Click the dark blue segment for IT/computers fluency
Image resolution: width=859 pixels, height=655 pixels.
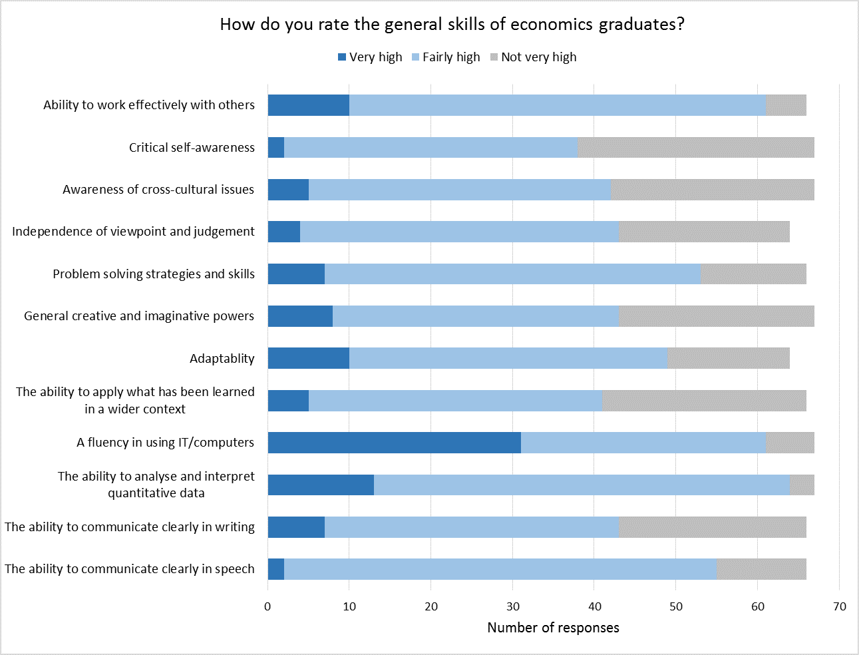(394, 443)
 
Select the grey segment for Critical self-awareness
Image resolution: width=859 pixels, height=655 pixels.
(695, 148)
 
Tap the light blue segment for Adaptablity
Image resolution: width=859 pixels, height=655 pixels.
(508, 358)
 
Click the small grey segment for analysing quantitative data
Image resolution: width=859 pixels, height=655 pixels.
(802, 485)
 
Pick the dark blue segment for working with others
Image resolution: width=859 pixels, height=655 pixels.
(308, 105)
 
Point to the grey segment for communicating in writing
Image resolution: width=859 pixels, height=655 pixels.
(712, 527)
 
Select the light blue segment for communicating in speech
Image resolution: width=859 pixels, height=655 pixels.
(500, 569)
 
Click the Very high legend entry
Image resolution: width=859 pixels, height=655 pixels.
(370, 57)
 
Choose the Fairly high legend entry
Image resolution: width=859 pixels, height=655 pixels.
(445, 57)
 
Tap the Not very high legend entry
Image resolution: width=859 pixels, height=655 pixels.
(533, 57)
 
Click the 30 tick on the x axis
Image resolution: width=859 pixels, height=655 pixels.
(512, 606)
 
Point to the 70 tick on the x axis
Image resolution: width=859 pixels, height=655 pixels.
(839, 606)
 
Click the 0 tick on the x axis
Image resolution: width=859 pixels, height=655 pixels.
(267, 606)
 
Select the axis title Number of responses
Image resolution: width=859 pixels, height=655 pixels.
(553, 628)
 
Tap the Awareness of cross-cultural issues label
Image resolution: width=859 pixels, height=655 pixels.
(158, 190)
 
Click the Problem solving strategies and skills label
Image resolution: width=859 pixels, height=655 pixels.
(154, 274)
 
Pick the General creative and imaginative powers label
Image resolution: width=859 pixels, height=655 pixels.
(139, 316)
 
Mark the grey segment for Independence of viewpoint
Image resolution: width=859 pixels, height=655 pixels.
(704, 232)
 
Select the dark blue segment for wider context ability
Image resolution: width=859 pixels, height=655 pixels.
(288, 401)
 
